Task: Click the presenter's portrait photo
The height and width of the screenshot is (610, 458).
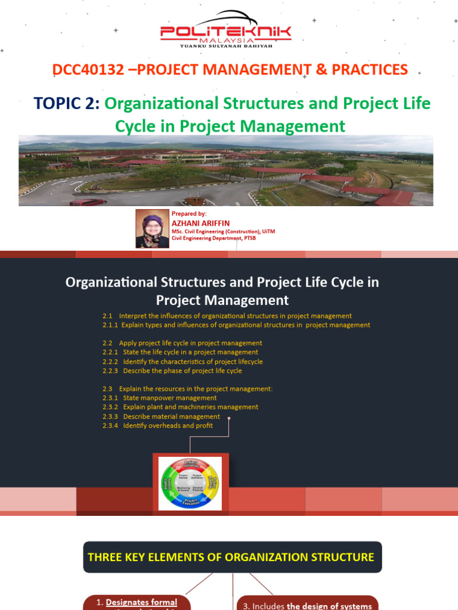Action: (152, 228)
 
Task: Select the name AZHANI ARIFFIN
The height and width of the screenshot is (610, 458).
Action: (192, 223)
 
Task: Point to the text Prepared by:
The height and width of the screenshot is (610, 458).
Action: (189, 213)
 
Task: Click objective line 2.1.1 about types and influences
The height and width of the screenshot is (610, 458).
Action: (236, 325)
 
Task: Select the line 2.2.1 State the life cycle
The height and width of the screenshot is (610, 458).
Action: (180, 352)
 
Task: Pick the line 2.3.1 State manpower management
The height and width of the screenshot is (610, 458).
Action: (159, 398)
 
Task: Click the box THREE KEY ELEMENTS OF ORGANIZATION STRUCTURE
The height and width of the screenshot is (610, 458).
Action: (232, 557)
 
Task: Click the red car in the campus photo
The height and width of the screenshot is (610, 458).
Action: (88, 202)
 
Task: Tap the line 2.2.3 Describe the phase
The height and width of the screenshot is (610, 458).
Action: (172, 371)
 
